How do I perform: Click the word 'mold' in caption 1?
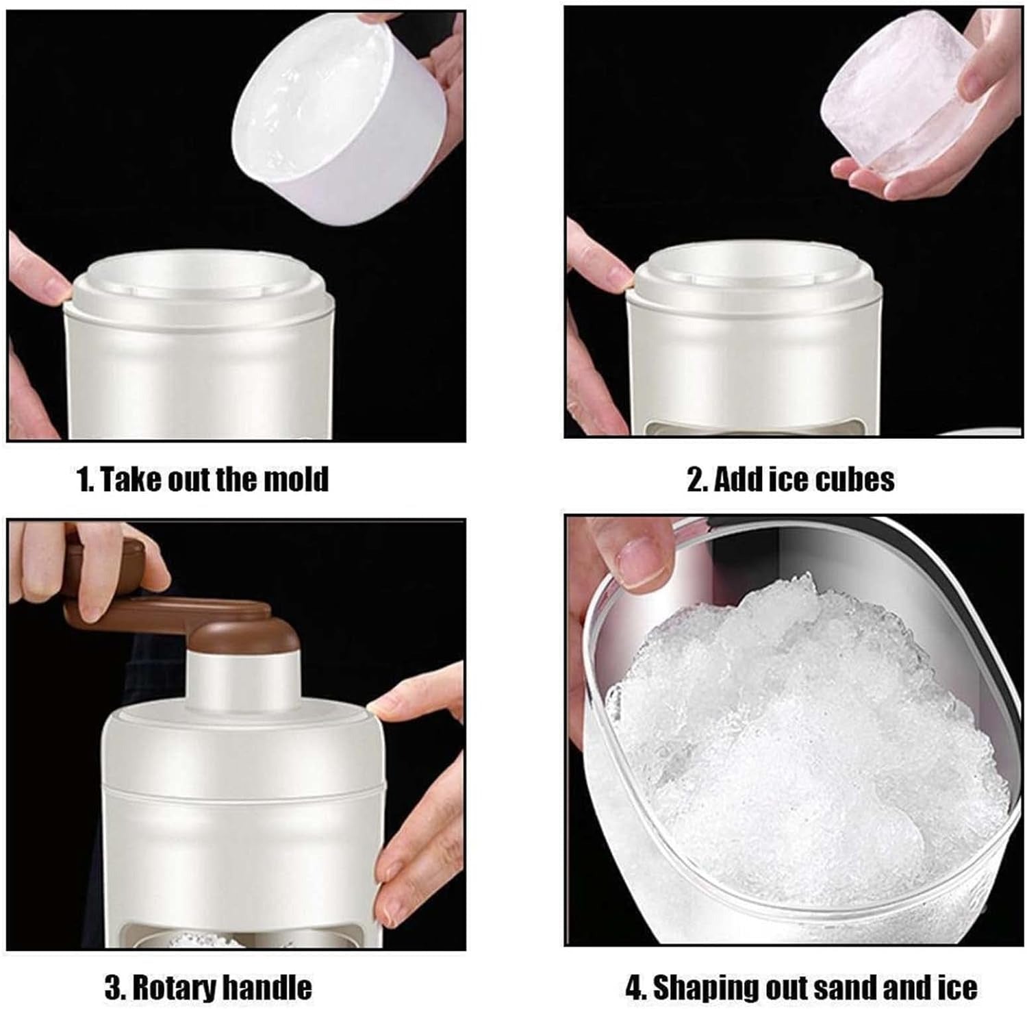coord(296,479)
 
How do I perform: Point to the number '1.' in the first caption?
coord(85,479)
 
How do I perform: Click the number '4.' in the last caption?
coord(635,987)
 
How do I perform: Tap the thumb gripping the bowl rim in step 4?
coord(640,562)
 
